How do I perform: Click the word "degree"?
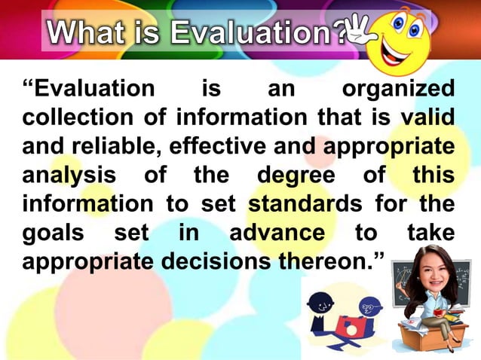pyautogui.click(x=295, y=175)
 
